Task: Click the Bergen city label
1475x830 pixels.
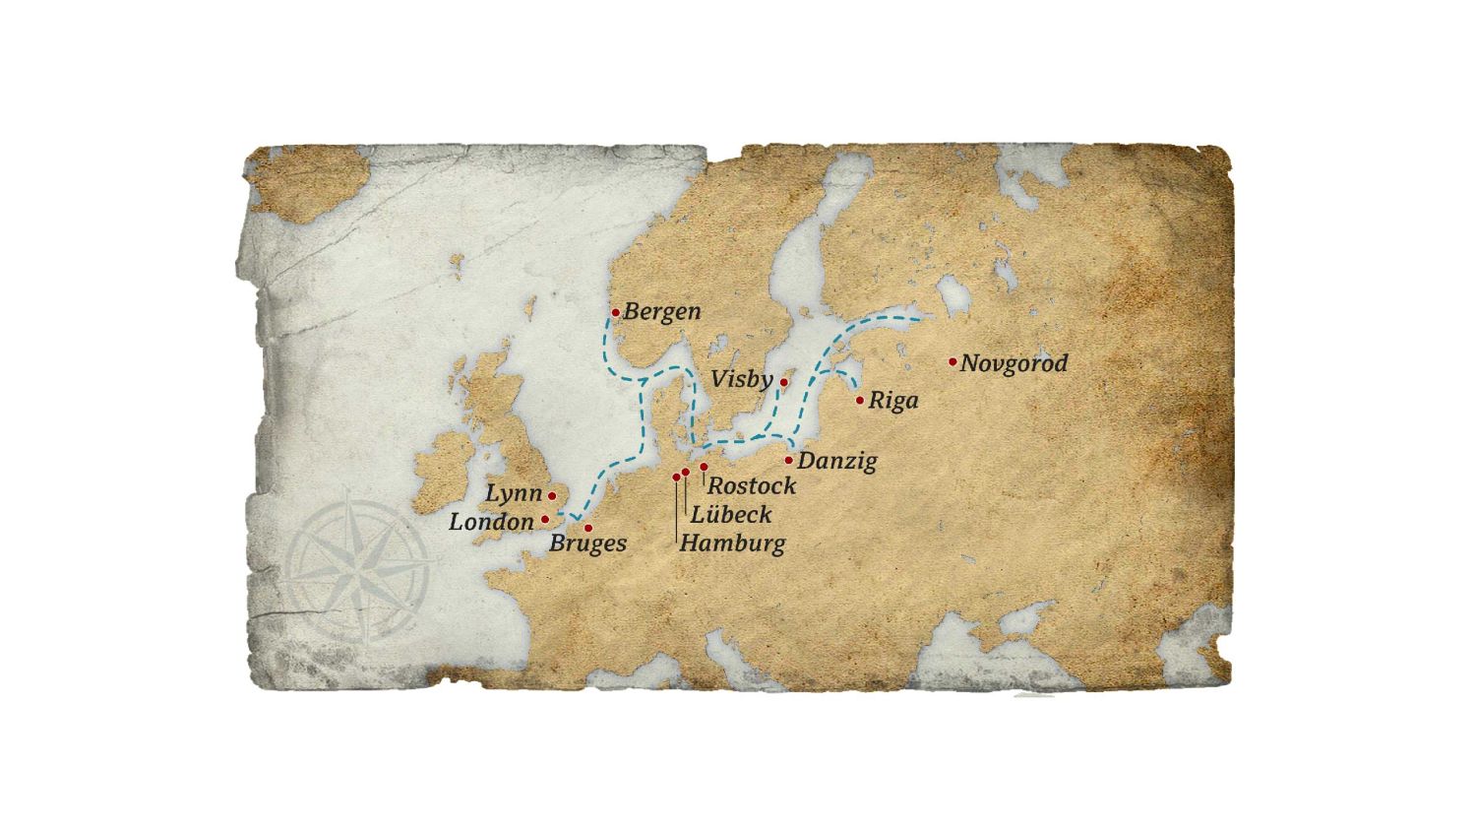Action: click(662, 312)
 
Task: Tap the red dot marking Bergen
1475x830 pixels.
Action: click(616, 313)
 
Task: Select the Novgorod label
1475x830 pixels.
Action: click(1014, 363)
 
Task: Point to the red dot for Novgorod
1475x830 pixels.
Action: click(953, 361)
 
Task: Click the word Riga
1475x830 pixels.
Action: click(893, 402)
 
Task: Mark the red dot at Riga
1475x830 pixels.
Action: click(860, 400)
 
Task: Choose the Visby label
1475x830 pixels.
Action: click(741, 380)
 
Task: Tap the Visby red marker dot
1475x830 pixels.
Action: click(784, 382)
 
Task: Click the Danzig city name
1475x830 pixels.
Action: click(836, 461)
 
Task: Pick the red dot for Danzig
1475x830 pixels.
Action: click(789, 460)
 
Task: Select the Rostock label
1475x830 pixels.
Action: click(752, 485)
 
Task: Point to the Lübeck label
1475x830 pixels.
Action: click(731, 514)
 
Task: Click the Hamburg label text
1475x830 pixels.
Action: click(732, 543)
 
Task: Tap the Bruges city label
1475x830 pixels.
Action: click(587, 543)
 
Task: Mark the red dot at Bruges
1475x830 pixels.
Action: click(588, 528)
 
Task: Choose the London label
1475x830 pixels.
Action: click(491, 522)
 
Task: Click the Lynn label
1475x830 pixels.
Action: click(514, 493)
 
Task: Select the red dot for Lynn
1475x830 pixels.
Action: click(552, 496)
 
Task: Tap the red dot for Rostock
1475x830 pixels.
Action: click(704, 467)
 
